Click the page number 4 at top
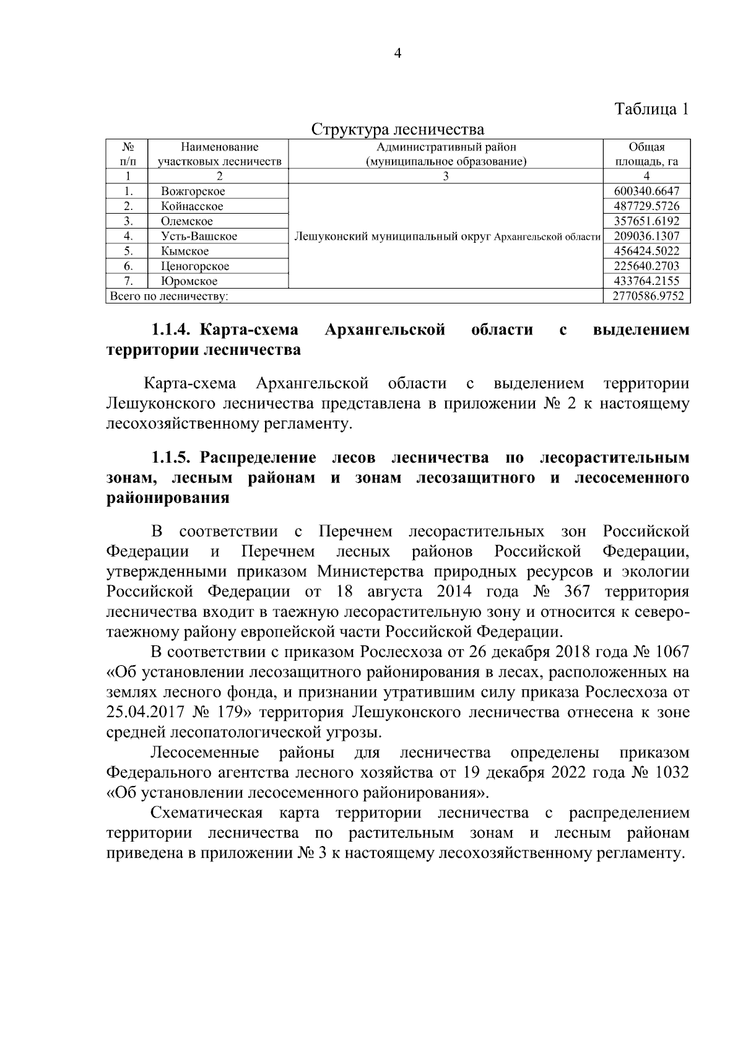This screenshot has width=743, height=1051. (398, 54)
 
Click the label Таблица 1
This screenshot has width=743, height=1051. (651, 109)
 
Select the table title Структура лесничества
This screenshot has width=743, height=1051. (398, 129)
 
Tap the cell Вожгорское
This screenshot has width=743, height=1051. (193, 191)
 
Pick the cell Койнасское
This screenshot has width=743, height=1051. (192, 206)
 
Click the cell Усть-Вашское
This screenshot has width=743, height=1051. (199, 236)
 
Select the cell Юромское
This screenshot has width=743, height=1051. (189, 281)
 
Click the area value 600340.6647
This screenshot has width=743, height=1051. (646, 191)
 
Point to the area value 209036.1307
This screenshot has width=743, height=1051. (646, 236)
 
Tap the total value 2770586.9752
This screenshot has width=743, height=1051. (648, 296)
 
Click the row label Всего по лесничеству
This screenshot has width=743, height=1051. (168, 296)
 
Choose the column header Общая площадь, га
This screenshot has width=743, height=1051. (646, 155)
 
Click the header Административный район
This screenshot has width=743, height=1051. (446, 147)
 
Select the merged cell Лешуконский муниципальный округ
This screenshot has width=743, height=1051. (446, 236)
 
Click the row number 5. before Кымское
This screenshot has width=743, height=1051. (128, 251)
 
